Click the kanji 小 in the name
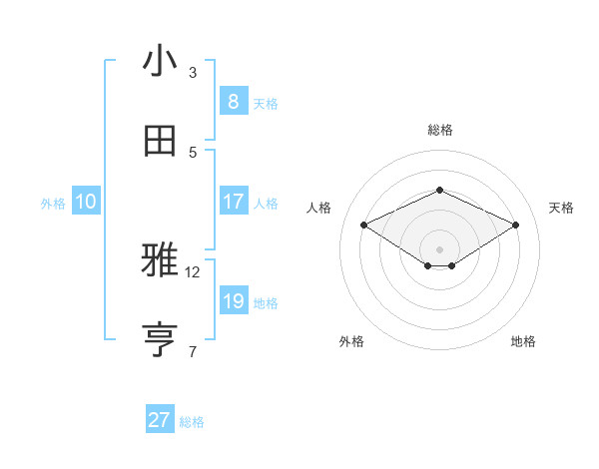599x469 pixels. point(160,61)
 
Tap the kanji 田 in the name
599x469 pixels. point(160,141)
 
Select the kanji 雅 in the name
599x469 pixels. point(160,261)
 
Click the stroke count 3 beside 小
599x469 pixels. point(193,73)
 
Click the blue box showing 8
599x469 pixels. point(233,101)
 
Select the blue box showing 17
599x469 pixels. point(233,201)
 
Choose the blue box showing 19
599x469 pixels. point(233,300)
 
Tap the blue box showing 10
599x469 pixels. point(86,202)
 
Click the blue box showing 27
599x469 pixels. point(160,420)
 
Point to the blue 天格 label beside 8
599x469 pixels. point(266,103)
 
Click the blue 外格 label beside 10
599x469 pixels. point(53,203)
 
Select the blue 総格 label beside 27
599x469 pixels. point(192,422)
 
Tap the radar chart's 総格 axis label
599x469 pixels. point(439,130)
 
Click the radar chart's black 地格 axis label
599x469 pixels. point(523,341)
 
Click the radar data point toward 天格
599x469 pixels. point(515,226)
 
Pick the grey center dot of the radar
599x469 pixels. point(439,248)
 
